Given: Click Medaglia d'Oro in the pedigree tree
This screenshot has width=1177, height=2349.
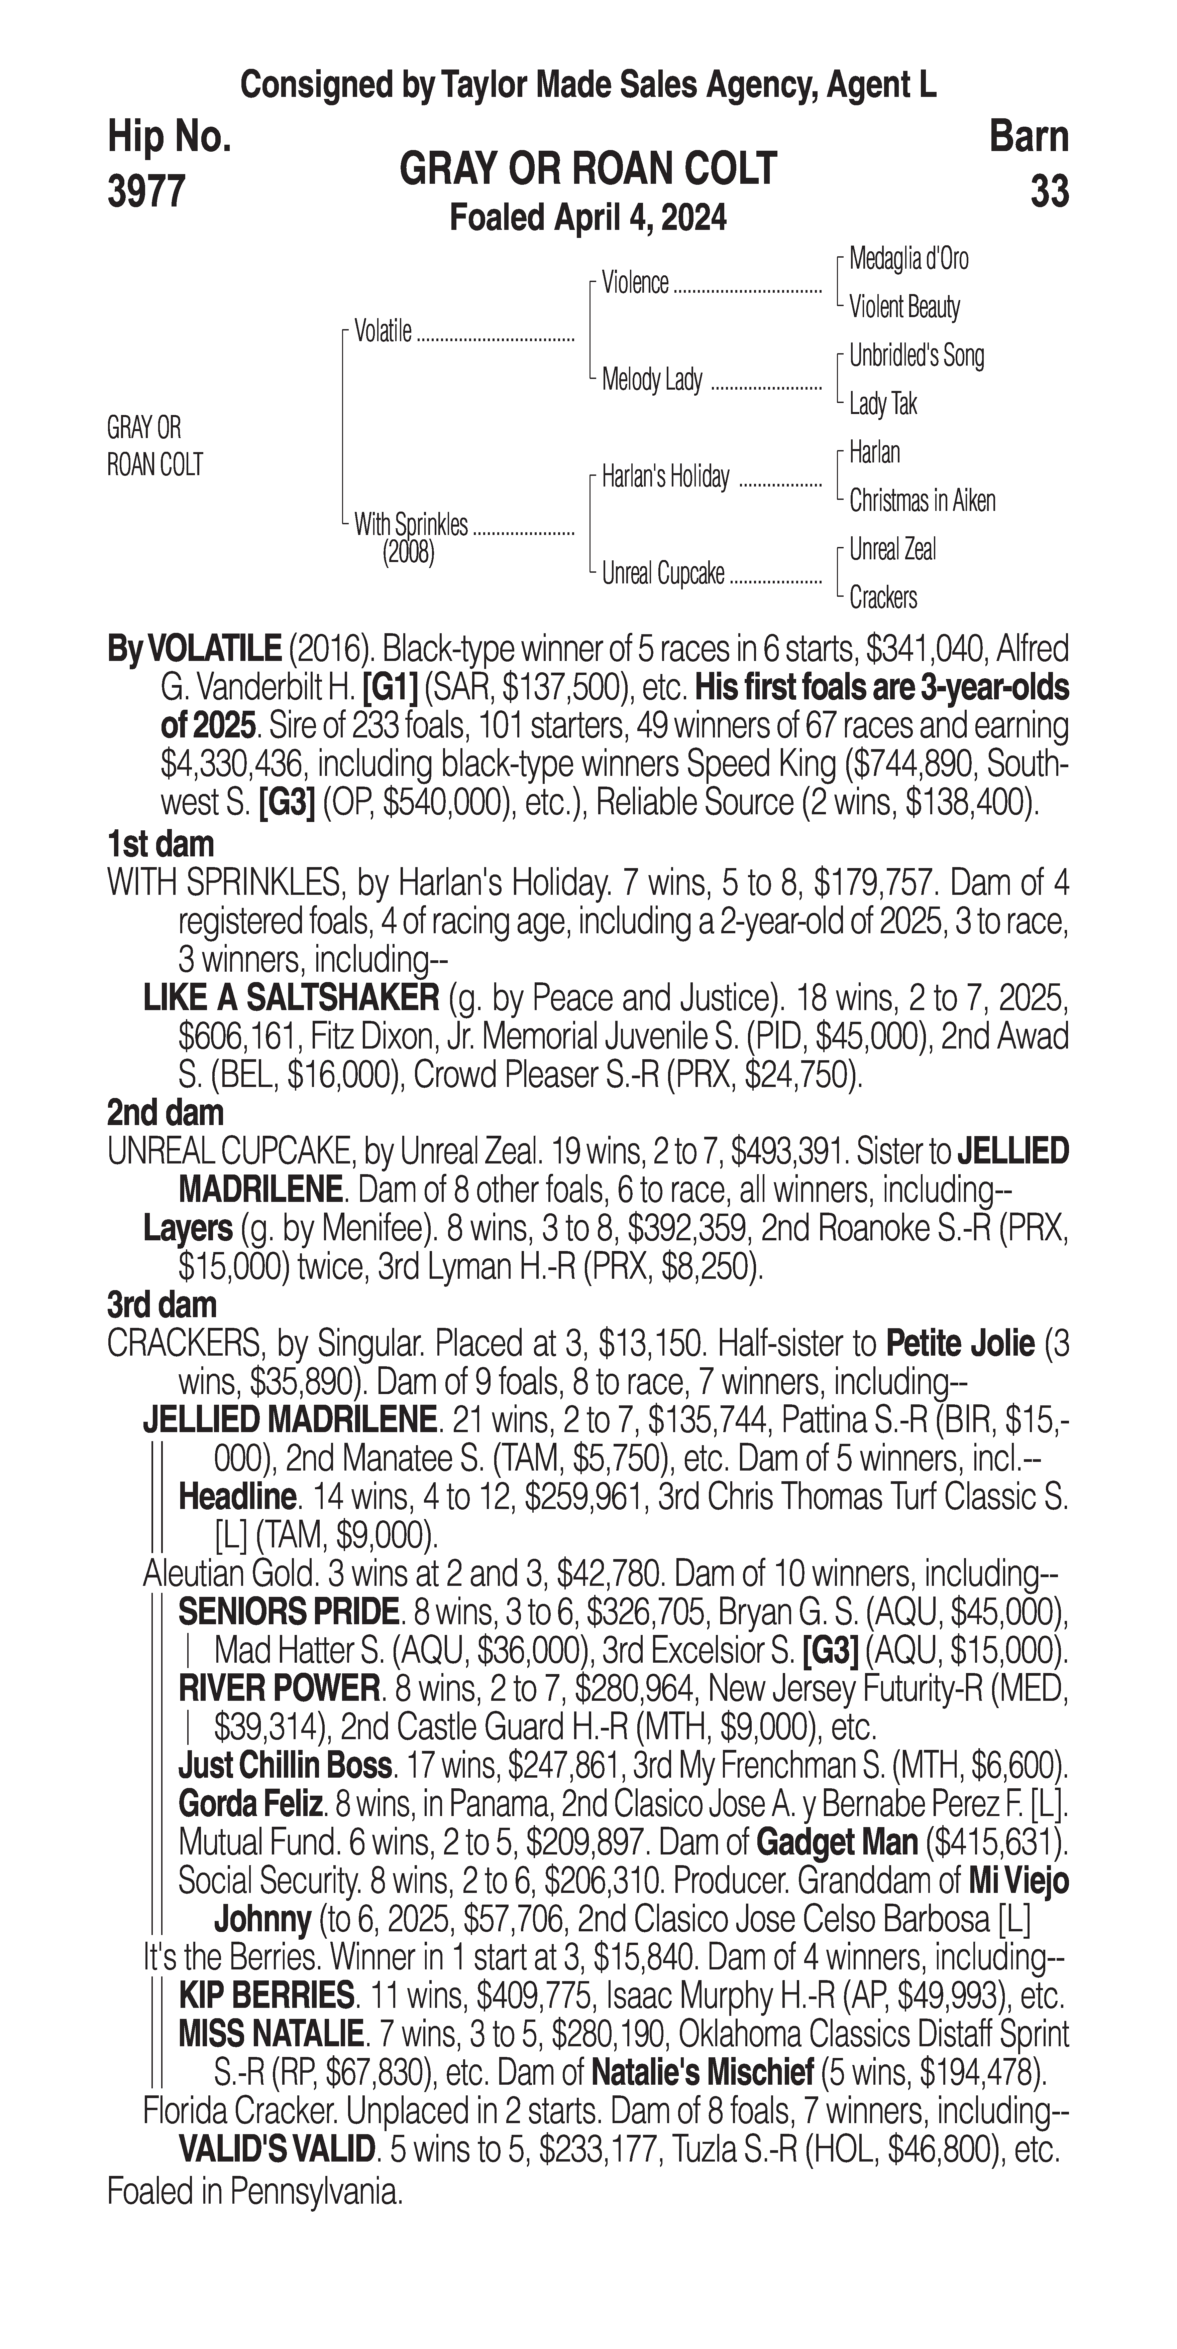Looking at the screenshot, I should point(909,259).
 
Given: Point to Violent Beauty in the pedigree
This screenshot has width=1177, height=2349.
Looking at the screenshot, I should point(904,307).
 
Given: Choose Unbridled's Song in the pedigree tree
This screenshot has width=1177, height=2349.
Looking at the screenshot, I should point(916,356).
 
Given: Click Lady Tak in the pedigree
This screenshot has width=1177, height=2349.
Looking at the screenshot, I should point(882,404).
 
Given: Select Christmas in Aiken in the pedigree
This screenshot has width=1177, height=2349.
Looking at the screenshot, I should point(922,501).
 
